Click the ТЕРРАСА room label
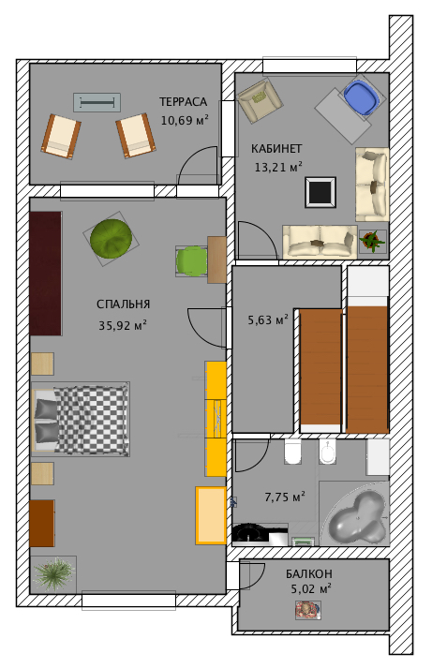pos(183,102)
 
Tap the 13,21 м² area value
pos(278,167)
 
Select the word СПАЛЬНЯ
pos(123,304)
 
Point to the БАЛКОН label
pos(309,574)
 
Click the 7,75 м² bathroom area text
pos(285,497)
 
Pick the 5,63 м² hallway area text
pos(268,319)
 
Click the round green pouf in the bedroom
pos(112,239)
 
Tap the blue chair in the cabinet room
pos(362,97)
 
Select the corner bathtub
pos(354,513)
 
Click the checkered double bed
pos(81,419)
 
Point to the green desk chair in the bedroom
pos(191,261)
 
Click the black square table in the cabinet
pos(320,192)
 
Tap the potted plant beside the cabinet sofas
pos(372,242)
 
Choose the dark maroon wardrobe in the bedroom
pos(46,274)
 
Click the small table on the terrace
pos(97,103)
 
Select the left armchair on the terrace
pos(61,137)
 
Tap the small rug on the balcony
pos(308,610)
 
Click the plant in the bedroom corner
pos(53,574)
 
